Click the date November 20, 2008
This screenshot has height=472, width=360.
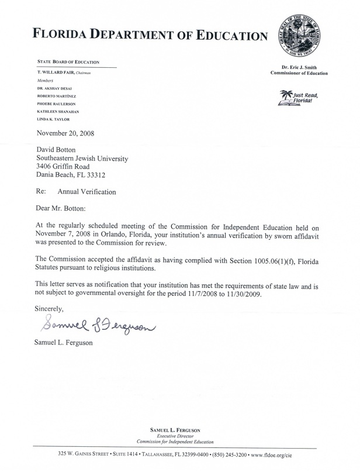click(65, 133)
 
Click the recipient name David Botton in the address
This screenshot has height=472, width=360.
click(57, 150)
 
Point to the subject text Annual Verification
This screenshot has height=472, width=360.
click(86, 191)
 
